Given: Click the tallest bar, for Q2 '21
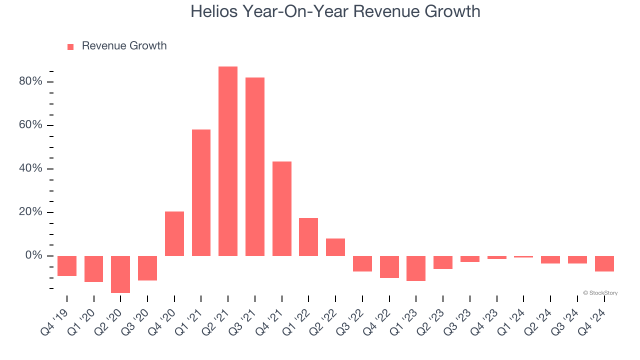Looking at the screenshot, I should coord(228,161).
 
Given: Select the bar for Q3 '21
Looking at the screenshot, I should coord(255,166).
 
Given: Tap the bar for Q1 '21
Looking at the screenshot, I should coord(201,192).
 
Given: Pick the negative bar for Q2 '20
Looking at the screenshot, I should coord(120,274).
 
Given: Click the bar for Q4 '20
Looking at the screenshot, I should coord(174,233).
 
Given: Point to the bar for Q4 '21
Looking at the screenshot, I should coord(282,208).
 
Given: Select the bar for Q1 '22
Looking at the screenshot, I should coord(308,237).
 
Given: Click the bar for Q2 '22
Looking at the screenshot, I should coord(335,247).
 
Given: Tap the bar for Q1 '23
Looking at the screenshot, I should coord(416,268).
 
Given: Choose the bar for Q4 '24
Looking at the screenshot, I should coord(604,263).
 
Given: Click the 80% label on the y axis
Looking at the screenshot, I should coord(30,81).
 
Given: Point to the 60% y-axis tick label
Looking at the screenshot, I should coord(30,125).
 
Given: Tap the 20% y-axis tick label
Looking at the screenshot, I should coord(30,212).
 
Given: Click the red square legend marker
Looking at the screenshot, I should coord(70,46).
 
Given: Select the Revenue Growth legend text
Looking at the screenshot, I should coord(124,46).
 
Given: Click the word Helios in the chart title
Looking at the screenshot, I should coord(215,11).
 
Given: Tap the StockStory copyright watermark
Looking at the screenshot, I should coord(600,293).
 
